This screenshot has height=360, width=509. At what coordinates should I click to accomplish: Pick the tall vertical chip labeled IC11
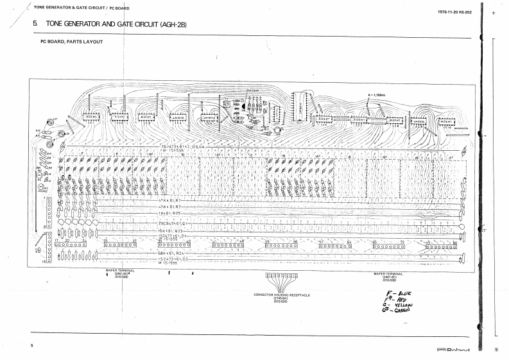(x=297, y=108)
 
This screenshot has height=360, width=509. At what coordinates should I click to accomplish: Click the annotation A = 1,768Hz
(x=377, y=95)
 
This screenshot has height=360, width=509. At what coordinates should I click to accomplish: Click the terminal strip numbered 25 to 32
(x=120, y=244)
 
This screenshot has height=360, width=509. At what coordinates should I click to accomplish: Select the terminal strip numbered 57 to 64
(x=334, y=245)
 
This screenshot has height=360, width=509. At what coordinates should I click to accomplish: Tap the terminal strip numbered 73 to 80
(x=441, y=246)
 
